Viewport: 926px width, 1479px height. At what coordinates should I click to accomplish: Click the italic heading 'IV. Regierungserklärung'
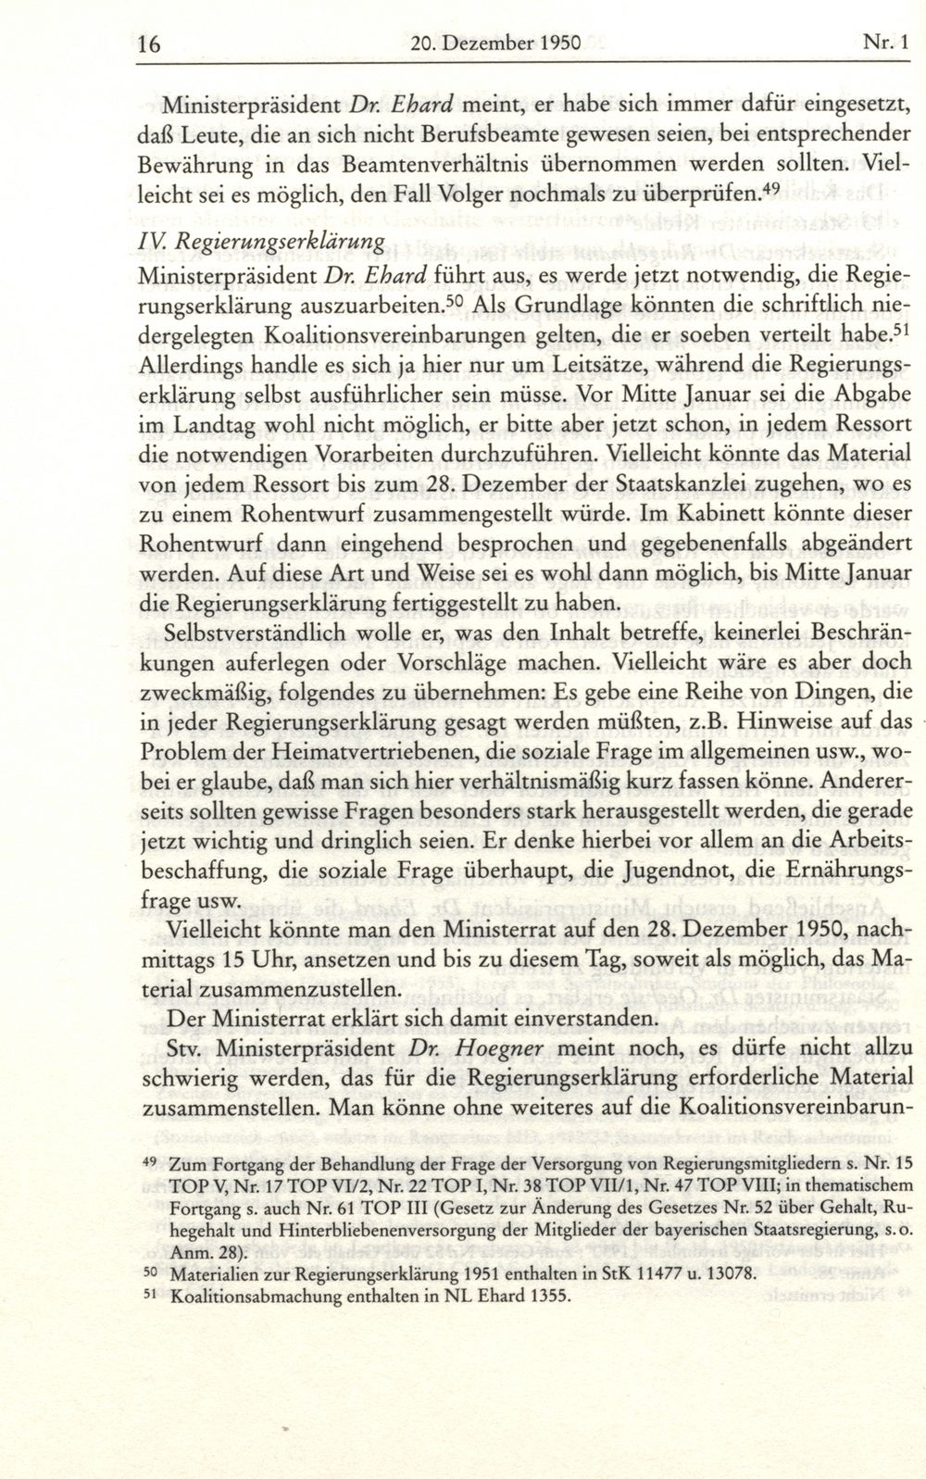pyautogui.click(x=260, y=241)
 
